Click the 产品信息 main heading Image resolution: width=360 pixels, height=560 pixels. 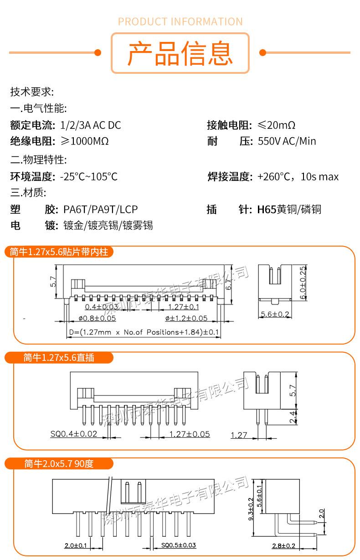pyautogui.click(x=180, y=53)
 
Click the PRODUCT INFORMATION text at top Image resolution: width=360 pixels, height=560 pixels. pyautogui.click(x=180, y=21)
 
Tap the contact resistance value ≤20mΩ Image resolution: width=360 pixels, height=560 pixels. pyautogui.click(x=276, y=125)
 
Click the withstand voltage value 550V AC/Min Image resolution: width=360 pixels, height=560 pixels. pyautogui.click(x=287, y=141)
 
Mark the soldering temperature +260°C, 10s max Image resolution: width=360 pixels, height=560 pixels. pyautogui.click(x=298, y=176)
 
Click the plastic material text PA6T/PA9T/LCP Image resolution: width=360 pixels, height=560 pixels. pyautogui.click(x=100, y=210)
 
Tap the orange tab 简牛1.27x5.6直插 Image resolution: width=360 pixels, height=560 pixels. pyautogui.click(x=59, y=358)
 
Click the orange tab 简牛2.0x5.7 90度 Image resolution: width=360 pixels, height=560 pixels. pyautogui.click(x=59, y=464)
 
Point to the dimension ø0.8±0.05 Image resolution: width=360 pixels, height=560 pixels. pyautogui.click(x=97, y=319)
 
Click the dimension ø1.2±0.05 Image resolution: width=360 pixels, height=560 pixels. pyautogui.click(x=186, y=319)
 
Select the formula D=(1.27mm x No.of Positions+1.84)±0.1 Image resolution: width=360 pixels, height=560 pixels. pyautogui.click(x=144, y=333)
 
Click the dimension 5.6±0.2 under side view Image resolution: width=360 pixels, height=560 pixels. pyautogui.click(x=275, y=314)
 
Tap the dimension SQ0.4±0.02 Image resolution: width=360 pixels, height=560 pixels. pyautogui.click(x=74, y=433)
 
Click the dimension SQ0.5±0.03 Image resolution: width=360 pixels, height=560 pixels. pyautogui.click(x=178, y=545)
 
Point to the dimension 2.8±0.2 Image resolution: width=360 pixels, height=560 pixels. pyautogui.click(x=283, y=546)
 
